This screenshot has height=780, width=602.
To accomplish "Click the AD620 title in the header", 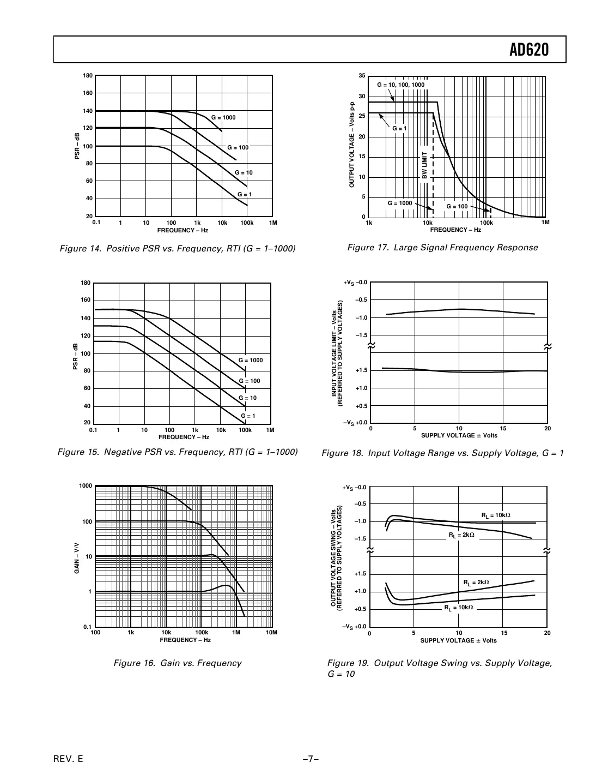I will (529, 50).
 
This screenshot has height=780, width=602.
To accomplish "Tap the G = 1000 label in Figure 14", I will (223, 118).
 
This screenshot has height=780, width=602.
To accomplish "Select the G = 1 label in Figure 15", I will (247, 416).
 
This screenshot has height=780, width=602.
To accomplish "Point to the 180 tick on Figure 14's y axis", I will (88, 76).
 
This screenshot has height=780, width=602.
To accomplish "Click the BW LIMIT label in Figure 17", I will (425, 165).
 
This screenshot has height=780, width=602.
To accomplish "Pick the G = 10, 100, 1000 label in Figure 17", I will (400, 85).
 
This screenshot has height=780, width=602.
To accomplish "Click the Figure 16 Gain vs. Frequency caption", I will (177, 663).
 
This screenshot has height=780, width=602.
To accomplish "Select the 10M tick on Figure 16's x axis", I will (271, 633).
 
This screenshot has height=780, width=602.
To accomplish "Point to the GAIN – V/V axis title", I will (77, 558).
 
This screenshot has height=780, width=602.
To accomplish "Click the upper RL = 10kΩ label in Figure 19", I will (496, 515).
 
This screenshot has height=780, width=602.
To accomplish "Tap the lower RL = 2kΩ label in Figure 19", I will (476, 583).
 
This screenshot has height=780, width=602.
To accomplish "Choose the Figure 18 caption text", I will (442, 453).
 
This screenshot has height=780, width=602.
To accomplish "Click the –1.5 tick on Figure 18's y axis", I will (361, 335).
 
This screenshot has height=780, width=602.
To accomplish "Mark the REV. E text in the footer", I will (68, 759).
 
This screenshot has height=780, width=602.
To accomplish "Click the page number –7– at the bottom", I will (311, 759).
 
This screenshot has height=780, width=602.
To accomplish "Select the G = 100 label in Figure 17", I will (457, 207).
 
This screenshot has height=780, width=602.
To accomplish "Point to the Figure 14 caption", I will (178, 249).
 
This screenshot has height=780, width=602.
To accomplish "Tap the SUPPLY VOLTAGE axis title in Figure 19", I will (458, 640).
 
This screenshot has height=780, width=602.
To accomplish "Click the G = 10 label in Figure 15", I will (247, 398).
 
